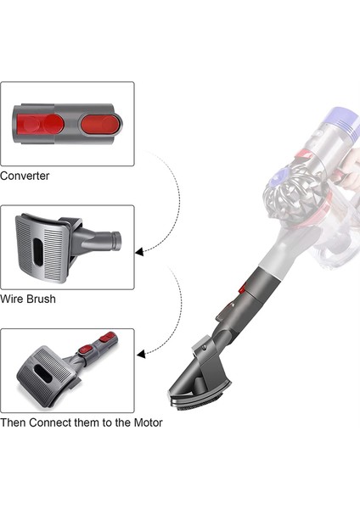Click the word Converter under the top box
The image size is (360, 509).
click(x=25, y=176)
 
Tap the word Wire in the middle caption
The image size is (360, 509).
click(x=13, y=299)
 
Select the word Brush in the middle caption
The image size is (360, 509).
click(x=42, y=299)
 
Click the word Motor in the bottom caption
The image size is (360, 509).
click(x=145, y=422)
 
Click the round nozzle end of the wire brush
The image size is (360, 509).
click(x=114, y=240)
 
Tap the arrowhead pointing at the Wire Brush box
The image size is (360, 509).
click(x=139, y=250)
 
